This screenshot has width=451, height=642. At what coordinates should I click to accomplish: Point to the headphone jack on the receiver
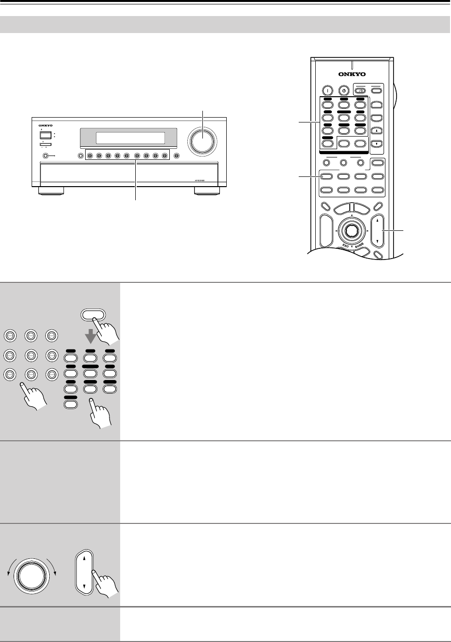click(x=46, y=156)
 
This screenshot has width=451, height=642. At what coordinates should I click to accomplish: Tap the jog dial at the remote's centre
click(x=350, y=230)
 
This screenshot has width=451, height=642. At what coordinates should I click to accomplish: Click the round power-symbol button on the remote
click(x=343, y=90)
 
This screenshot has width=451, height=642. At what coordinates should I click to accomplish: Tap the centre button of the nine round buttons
click(x=31, y=355)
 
